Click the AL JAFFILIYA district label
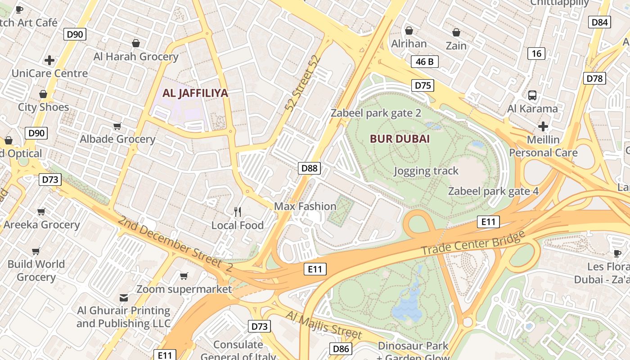coord(195,93)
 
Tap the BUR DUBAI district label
coord(400,139)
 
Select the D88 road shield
coord(309,168)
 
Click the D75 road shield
coord(423,85)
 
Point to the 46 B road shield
coord(424,62)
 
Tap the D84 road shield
coord(599,22)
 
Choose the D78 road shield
coord(594,78)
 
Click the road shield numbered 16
coord(536,54)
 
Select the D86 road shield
coord(341,348)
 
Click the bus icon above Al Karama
coord(532,95)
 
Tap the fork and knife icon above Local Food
coord(238,211)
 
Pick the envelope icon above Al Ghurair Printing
coord(124,297)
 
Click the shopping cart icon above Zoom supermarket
coord(184,275)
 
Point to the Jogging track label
coord(426,171)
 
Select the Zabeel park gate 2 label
coord(376,113)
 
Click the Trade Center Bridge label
coord(473,243)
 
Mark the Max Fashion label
coord(305,206)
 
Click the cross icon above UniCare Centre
coord(49,60)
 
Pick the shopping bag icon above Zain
coord(456,32)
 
